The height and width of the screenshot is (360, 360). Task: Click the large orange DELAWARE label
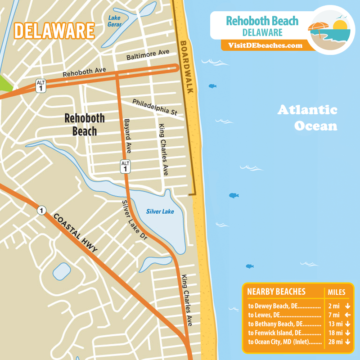point(54,31)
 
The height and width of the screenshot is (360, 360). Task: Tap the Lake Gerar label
point(115,21)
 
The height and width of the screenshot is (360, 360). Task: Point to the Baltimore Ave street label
point(148,56)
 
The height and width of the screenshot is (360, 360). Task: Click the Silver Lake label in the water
point(160,211)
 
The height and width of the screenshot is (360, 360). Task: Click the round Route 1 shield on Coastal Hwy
point(41,210)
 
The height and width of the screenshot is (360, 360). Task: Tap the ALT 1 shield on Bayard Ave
point(125,166)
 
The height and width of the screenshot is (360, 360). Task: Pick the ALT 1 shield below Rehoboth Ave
point(41,85)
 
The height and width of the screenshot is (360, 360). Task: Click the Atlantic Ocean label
point(307,117)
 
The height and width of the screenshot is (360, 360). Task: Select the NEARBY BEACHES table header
point(276,292)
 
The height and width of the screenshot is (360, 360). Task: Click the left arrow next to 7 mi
point(347,315)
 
